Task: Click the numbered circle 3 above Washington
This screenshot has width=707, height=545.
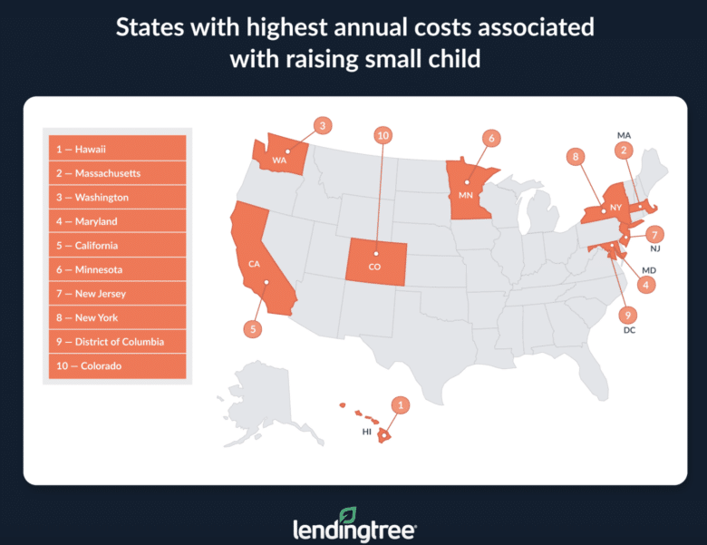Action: point(324,126)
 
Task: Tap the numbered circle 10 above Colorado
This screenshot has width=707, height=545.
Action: point(383,135)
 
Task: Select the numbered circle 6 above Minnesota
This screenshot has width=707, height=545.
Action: point(490,139)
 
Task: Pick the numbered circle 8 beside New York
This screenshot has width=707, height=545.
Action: point(573,156)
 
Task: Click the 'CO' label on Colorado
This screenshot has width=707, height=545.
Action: point(375,268)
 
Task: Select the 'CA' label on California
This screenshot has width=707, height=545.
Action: point(256,265)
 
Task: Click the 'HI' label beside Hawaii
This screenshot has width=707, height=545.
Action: point(367,432)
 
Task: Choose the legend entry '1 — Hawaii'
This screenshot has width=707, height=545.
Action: point(115,149)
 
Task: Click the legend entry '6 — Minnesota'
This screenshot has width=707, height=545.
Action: point(115,269)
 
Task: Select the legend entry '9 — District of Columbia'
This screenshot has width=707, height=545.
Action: point(115,342)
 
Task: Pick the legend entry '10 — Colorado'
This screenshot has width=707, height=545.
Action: point(115,366)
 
